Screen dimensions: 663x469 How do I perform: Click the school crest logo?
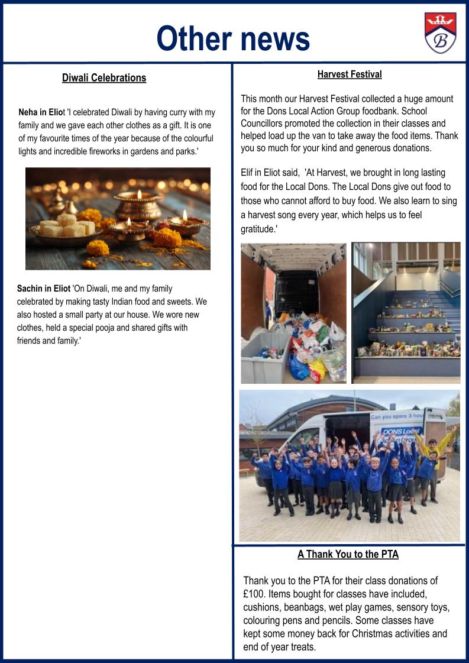click(x=440, y=33)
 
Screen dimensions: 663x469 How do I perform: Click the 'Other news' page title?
click(x=233, y=38)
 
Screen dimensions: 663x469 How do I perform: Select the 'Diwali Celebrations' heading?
click(x=104, y=78)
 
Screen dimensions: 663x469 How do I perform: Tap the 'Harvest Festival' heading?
click(x=349, y=75)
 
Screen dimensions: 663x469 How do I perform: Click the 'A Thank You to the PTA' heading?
click(x=348, y=554)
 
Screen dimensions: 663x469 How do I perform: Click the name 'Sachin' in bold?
click(x=31, y=289)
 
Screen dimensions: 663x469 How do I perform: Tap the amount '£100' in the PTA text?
click(x=256, y=594)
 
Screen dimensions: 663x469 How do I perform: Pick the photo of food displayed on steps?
click(x=406, y=312)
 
